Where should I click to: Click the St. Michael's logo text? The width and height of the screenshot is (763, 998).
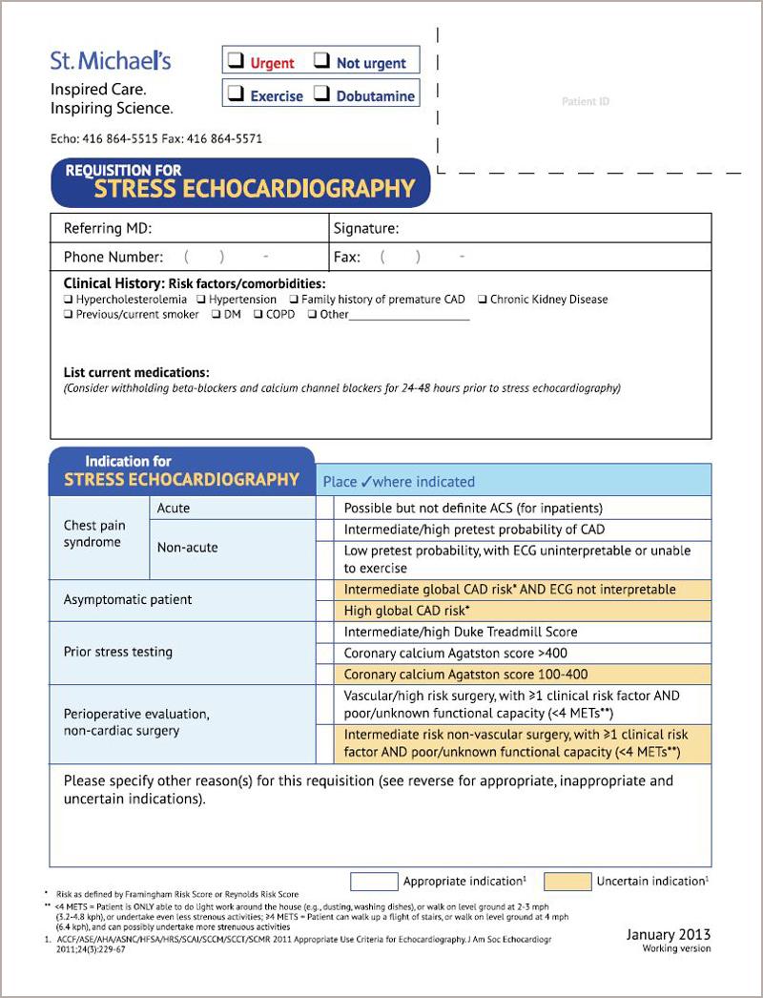click(111, 61)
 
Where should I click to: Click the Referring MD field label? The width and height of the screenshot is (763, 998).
click(108, 229)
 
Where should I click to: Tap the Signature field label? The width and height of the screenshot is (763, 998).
click(366, 229)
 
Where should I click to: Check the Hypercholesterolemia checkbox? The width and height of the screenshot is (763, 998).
click(69, 300)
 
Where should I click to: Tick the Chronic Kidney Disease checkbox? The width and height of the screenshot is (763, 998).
click(483, 300)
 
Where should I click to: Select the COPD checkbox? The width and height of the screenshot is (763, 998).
click(258, 315)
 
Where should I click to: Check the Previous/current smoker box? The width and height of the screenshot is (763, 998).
click(69, 315)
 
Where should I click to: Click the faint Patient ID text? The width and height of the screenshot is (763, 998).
click(585, 101)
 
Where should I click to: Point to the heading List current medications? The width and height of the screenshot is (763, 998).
click(136, 372)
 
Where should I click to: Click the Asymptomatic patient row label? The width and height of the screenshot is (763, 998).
click(128, 600)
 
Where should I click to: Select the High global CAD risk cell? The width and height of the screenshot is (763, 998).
click(407, 611)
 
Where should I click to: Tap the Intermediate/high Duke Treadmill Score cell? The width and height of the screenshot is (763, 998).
click(461, 632)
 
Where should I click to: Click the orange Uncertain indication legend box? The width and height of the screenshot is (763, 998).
click(567, 882)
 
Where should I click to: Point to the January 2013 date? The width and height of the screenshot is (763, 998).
click(668, 934)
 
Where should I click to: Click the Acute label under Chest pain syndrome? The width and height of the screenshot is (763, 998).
click(174, 509)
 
